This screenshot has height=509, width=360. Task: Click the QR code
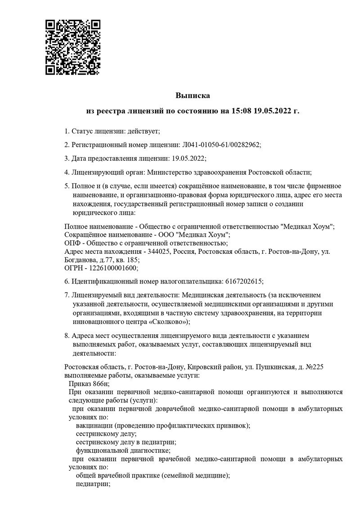click(73, 47)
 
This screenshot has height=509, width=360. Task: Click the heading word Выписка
click(193, 95)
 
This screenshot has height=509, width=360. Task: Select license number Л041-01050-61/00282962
click(220, 144)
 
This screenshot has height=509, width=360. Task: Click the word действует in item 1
click(143, 131)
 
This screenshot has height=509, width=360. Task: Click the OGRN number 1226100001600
click(115, 268)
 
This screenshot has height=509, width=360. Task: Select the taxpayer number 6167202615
click(243, 281)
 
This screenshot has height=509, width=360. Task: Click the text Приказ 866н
click(89, 383)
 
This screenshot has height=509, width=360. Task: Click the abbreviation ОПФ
click(72, 243)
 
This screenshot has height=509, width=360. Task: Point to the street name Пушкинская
click(275, 367)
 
